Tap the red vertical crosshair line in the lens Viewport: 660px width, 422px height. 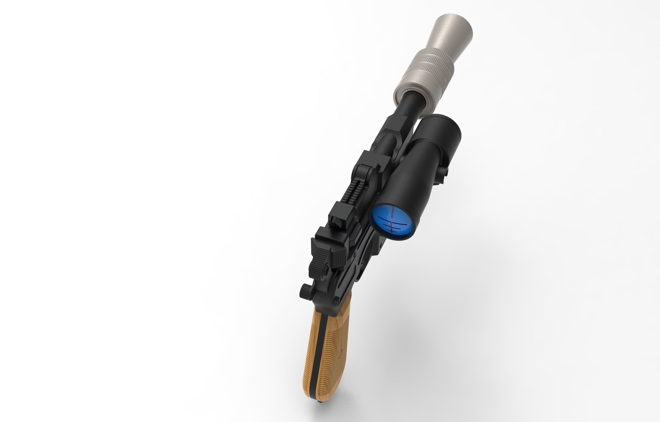click(393, 212)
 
